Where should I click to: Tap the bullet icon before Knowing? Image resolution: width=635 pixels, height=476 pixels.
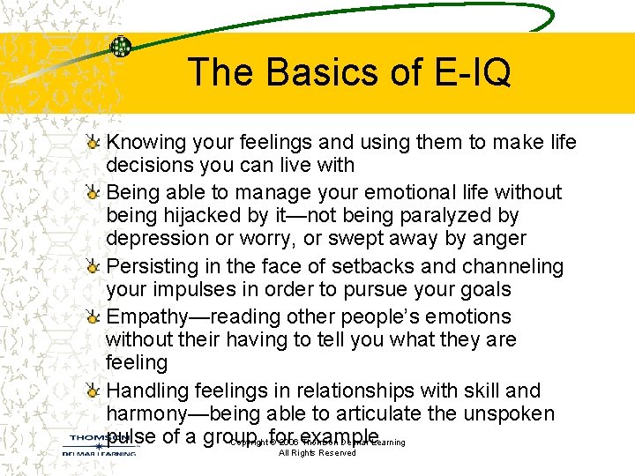(x=94, y=142)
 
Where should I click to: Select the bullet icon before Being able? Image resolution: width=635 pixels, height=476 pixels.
(x=94, y=192)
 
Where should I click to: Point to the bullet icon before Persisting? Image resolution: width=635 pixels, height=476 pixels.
(x=94, y=266)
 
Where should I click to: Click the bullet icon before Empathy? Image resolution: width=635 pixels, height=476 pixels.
(x=94, y=316)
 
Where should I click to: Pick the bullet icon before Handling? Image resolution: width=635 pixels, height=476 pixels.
(x=94, y=390)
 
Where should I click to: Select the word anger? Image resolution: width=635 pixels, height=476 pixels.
(x=497, y=239)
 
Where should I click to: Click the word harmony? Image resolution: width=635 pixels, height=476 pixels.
(x=149, y=413)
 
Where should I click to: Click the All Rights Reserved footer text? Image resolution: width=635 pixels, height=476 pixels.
(x=317, y=453)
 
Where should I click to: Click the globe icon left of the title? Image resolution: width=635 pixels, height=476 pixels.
(x=121, y=47)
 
